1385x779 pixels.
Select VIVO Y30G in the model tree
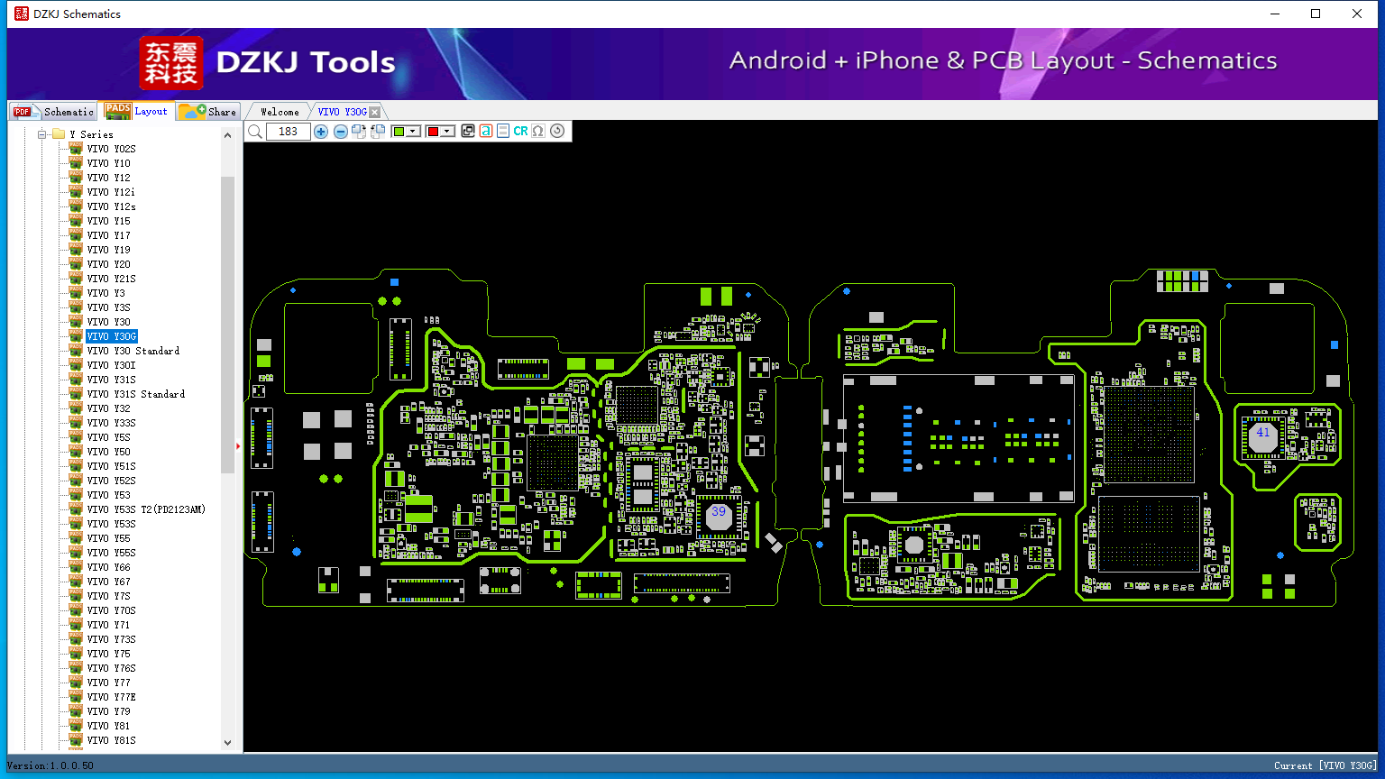click(x=111, y=336)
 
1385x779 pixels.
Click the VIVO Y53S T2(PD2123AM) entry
click(x=146, y=509)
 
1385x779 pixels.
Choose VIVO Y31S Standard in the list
click(x=135, y=394)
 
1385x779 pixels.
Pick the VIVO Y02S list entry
click(x=111, y=149)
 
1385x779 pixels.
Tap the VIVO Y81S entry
click(x=111, y=740)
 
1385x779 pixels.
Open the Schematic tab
click(x=54, y=111)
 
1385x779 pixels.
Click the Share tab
click(x=208, y=111)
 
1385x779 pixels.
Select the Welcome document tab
click(x=280, y=112)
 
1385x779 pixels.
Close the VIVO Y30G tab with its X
click(x=375, y=112)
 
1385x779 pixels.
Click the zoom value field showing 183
click(x=288, y=131)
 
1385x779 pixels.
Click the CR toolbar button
click(x=520, y=131)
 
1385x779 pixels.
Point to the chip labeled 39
click(x=719, y=514)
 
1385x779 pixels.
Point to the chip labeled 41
click(x=1262, y=435)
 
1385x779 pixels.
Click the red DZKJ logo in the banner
click(x=171, y=63)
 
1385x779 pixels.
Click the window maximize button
click(x=1316, y=14)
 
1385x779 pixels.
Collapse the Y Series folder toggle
click(x=42, y=134)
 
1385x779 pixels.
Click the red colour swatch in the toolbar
click(x=433, y=131)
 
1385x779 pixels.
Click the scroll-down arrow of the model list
click(x=227, y=743)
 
